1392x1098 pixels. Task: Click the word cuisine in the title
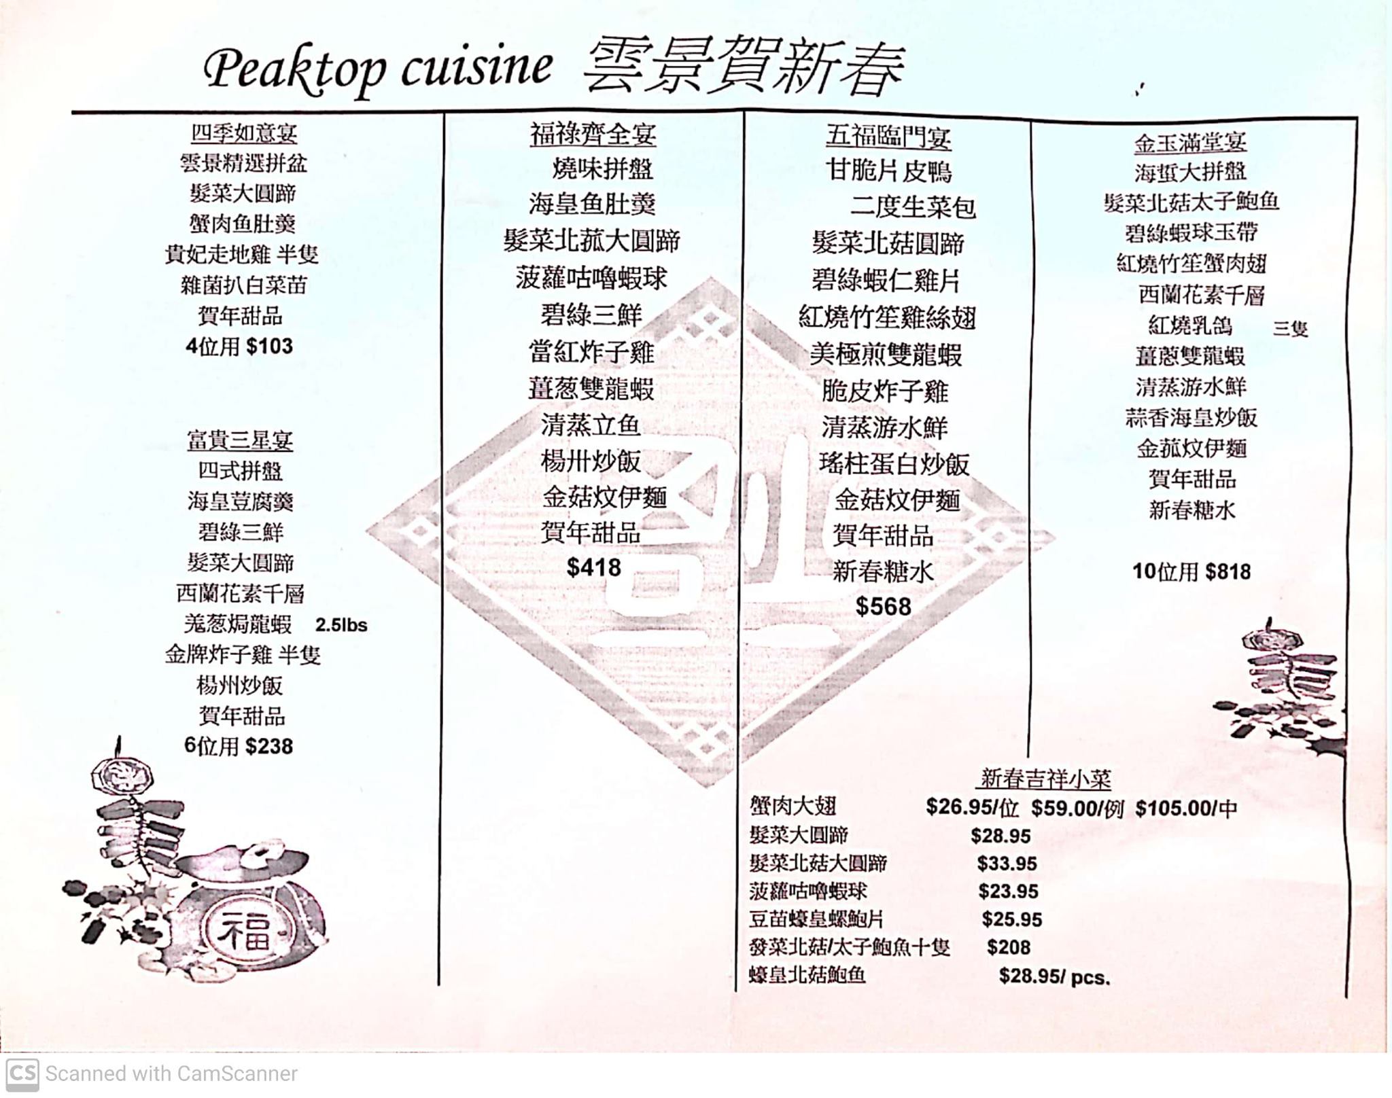476,68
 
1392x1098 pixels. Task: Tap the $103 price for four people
269,347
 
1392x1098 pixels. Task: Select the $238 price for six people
268,746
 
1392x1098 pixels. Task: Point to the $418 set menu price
593,567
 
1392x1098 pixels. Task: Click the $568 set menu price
883,606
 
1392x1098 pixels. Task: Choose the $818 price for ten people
1228,571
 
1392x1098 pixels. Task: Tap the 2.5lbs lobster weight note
341,625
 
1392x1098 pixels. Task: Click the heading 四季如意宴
243,132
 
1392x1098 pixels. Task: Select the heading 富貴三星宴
240,440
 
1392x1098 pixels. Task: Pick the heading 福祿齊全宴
593,134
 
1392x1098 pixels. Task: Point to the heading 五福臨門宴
888,137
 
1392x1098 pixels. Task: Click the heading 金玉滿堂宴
1190,143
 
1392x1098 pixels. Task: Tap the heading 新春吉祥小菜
1046,779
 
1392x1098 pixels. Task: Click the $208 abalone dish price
1009,947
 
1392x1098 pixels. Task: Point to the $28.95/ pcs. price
1054,976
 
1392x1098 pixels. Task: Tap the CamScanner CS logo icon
22,1074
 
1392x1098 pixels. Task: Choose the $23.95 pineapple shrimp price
1008,891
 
